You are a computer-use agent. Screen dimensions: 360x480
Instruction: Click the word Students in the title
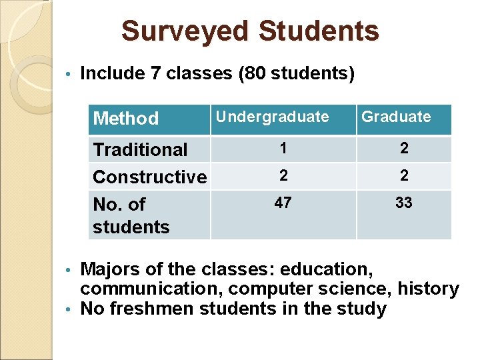tap(318, 31)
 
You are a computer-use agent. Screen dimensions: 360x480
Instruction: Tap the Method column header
tap(126, 119)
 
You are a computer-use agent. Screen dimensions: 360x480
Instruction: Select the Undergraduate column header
tap(272, 117)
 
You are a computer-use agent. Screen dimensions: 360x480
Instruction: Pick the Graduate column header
tap(396, 117)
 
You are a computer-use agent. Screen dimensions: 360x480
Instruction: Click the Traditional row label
tap(140, 149)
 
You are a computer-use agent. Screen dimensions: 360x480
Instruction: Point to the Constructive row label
tap(150, 177)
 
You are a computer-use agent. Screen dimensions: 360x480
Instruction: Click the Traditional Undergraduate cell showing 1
tap(283, 149)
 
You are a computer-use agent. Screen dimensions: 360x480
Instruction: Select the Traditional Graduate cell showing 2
tap(403, 149)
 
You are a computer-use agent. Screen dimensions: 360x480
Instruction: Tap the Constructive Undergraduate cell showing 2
tap(283, 175)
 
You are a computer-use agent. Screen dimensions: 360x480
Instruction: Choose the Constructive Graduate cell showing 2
tap(403, 175)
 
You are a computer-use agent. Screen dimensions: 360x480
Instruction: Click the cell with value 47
tap(283, 203)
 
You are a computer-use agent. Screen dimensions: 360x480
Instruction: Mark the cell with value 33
tap(403, 203)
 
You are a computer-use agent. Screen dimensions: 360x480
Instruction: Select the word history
tap(428, 289)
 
